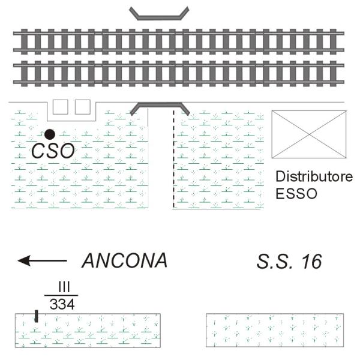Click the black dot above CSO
(50, 133)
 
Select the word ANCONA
(124, 261)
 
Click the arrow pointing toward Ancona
(42, 260)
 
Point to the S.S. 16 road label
(289, 261)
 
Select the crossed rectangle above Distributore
(309, 134)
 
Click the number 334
(62, 304)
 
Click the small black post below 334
(37, 316)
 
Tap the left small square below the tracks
(61, 107)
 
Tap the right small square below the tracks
(83, 107)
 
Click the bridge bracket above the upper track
(160, 14)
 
